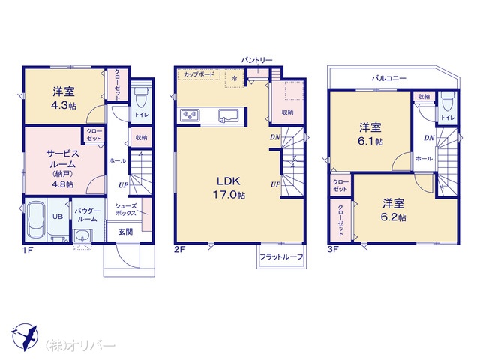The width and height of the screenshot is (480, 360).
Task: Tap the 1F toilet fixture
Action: [x=142, y=95]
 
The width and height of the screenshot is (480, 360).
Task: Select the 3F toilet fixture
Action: [x=448, y=101]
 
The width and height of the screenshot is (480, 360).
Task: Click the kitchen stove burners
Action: [x=190, y=115]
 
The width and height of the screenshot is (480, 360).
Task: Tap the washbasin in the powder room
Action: [x=82, y=235]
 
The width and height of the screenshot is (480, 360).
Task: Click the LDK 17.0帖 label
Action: [x=229, y=187]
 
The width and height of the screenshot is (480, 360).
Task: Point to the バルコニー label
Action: [x=389, y=78]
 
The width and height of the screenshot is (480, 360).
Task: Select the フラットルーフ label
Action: [x=281, y=256]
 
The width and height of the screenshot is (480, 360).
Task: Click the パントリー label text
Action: [x=256, y=60]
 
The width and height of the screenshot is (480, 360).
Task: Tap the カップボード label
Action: [x=199, y=74]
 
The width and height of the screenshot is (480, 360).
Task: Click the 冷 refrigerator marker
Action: [x=234, y=78]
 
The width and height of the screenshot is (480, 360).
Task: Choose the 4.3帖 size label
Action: [x=64, y=106]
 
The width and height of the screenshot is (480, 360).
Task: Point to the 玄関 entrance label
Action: [x=125, y=232]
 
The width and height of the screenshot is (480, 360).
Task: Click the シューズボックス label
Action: [x=125, y=210]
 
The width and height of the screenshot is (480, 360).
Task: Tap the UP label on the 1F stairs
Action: [x=123, y=185]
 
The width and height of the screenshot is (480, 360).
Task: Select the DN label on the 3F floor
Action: [x=429, y=138]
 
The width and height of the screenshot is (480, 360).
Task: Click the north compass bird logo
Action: [x=24, y=337]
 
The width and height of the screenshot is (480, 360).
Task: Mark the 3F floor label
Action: [x=333, y=249]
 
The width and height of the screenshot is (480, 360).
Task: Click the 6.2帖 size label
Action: [x=393, y=217]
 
